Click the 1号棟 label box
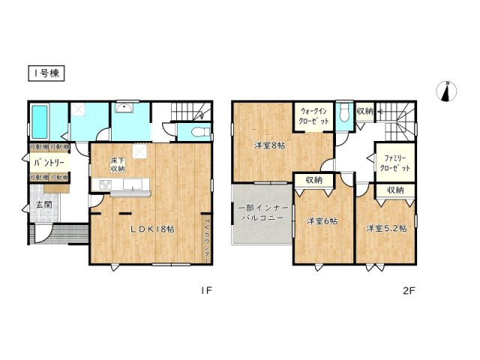pos(47,73)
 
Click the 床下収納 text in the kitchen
pos(117,165)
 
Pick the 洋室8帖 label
pos(268,145)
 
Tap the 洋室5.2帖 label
pos(386,226)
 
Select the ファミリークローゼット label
pos(393,163)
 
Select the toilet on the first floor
pos(197,132)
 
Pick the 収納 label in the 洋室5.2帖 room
pos(396,190)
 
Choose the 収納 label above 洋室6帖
pos(313,180)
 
